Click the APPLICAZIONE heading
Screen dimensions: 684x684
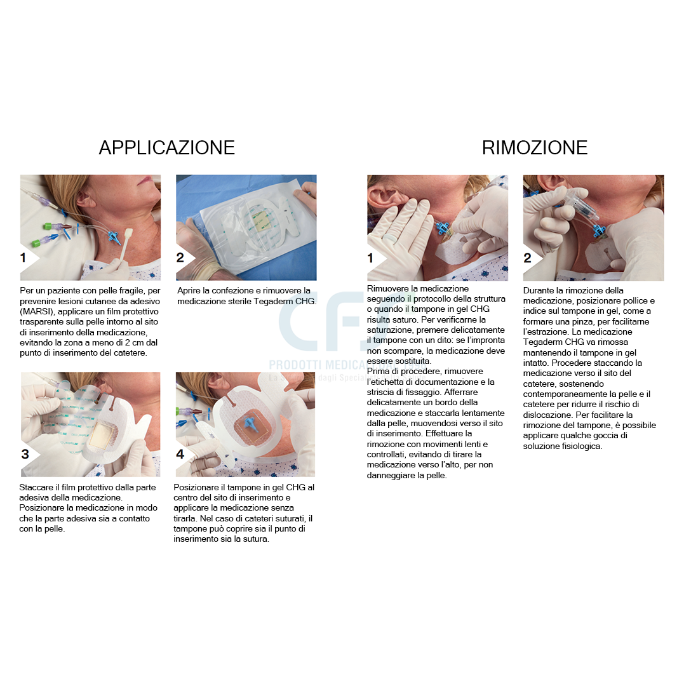coord(166,147)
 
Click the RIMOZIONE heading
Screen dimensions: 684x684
coord(534,147)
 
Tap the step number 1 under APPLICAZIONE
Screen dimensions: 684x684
coord(24,258)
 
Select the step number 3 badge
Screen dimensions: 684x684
coord(25,454)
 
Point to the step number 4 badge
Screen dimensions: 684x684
coord(180,454)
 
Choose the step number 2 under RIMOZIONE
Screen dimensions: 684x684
coord(528,258)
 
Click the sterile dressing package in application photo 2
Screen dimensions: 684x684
coord(248,225)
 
